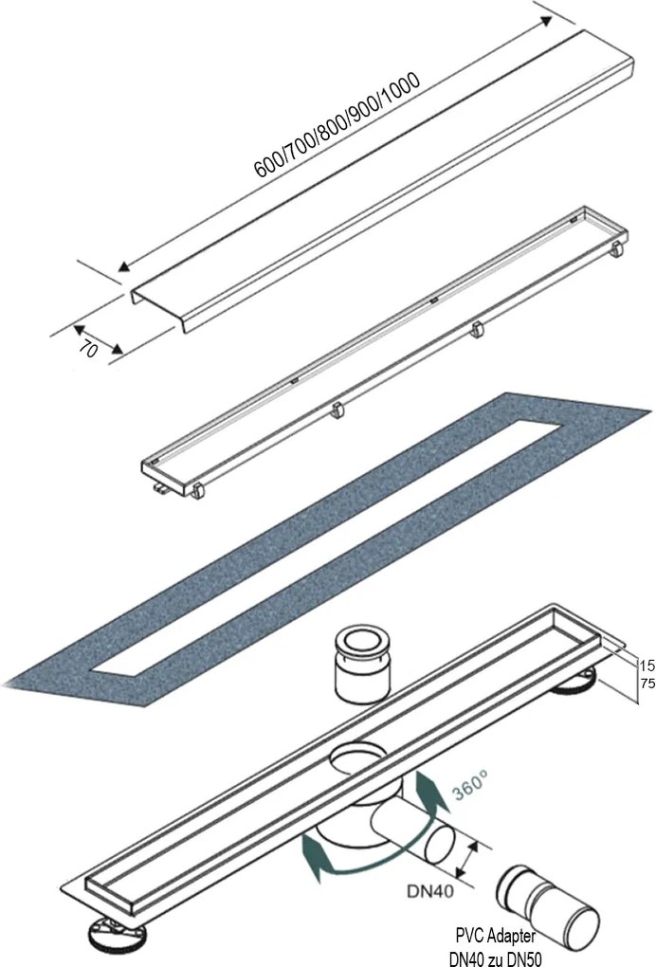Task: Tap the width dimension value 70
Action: point(89,350)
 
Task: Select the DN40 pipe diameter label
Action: point(430,891)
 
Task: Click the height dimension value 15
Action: point(647,666)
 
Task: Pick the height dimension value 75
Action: point(647,684)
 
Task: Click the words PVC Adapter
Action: point(495,936)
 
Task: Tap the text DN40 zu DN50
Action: point(495,958)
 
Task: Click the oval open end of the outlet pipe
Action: point(439,847)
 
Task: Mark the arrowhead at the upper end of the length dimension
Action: point(546,21)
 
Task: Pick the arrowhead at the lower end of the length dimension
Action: point(124,266)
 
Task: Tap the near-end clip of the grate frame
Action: point(197,491)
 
